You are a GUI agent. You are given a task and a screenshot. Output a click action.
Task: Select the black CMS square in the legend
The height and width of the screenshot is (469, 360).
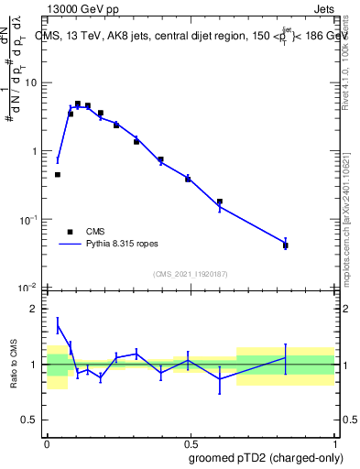[70, 232]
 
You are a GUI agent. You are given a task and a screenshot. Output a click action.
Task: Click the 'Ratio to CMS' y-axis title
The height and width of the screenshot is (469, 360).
[14, 363]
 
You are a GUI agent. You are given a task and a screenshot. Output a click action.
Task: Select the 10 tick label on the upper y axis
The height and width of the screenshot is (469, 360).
[33, 83]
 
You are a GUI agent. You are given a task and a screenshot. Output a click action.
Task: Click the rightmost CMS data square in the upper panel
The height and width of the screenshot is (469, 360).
[286, 245]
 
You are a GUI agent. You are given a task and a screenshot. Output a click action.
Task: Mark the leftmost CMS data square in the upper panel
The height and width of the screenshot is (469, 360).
[57, 174]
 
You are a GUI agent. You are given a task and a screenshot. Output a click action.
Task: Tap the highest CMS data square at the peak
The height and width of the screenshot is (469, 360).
[78, 104]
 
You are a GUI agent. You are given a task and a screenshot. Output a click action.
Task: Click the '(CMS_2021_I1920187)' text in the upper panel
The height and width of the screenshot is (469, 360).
[189, 273]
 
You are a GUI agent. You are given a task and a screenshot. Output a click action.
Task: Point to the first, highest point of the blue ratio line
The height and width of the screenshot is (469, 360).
[57, 325]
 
